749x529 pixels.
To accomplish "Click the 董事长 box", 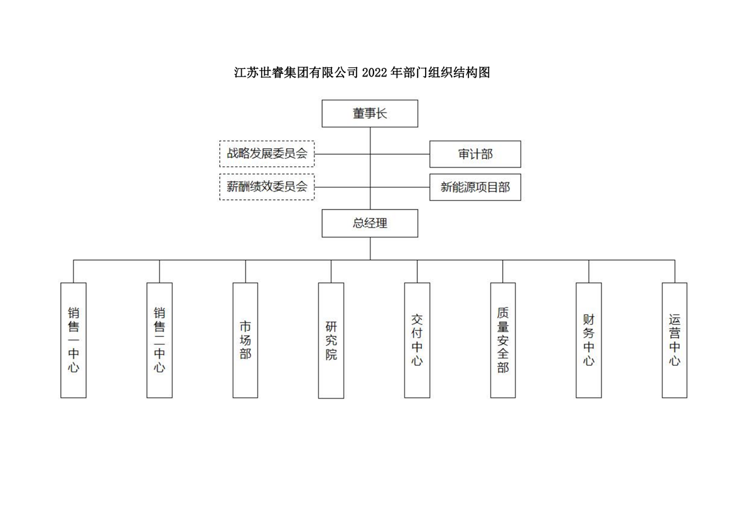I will pyautogui.click(x=370, y=114).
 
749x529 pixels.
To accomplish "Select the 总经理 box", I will pyautogui.click(x=370, y=223).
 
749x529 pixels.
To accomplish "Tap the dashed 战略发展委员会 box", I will pyautogui.click(x=267, y=154).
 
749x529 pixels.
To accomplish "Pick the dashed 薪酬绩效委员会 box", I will pyautogui.click(x=267, y=186).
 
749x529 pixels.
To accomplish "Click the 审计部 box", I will pyautogui.click(x=475, y=154).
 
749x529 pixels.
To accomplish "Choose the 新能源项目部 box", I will pyautogui.click(x=475, y=187).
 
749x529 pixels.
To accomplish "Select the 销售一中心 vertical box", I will pyautogui.click(x=73, y=339).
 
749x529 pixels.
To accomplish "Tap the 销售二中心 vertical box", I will pyautogui.click(x=159, y=339).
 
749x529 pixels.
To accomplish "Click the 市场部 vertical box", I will pyautogui.click(x=245, y=339).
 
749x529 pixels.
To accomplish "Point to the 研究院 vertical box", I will pyautogui.click(x=331, y=340).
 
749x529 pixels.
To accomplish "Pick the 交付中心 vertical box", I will pyautogui.click(x=417, y=339).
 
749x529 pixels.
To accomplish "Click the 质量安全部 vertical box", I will pyautogui.click(x=503, y=339).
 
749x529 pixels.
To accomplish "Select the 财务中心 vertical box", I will pyautogui.click(x=589, y=339).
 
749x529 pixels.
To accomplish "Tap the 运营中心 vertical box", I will pyautogui.click(x=674, y=339).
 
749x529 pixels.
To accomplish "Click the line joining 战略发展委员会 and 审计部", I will pyautogui.click(x=402, y=154).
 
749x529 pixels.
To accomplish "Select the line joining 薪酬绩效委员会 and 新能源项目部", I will pyautogui.click(x=402, y=187).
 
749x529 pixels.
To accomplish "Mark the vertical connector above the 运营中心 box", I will pyautogui.click(x=675, y=271).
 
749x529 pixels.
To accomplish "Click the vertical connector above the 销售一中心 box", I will pyautogui.click(x=73, y=271).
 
